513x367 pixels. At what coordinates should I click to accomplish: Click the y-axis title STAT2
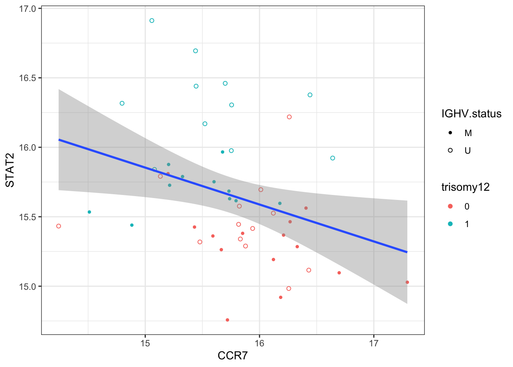[x=10, y=175]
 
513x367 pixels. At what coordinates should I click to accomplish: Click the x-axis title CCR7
[x=232, y=356]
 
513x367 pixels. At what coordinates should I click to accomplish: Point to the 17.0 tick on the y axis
[x=27, y=8]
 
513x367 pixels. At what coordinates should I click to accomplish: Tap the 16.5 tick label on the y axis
[x=27, y=78]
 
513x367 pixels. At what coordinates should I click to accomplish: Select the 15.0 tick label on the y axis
[x=27, y=286]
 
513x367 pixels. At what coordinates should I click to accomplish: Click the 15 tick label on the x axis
[x=145, y=343]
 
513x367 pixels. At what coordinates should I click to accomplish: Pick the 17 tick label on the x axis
[x=373, y=343]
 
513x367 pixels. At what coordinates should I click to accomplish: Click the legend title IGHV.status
[x=471, y=114]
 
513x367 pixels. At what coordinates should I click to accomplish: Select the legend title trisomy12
[x=465, y=187]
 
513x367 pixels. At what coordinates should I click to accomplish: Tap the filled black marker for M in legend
[x=450, y=133]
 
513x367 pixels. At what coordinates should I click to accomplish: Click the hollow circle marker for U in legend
[x=450, y=151]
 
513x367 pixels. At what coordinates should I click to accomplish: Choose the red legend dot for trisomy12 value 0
[x=450, y=206]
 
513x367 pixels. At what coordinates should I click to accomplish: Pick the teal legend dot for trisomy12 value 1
[x=450, y=224]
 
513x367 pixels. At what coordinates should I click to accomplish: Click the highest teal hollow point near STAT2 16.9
[x=152, y=21]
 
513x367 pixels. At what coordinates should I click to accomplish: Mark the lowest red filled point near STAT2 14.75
[x=227, y=320]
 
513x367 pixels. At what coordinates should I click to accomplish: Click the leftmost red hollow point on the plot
[x=58, y=226]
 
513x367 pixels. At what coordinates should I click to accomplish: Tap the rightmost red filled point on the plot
[x=407, y=282]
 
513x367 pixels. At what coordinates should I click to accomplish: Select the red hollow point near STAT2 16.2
[x=289, y=117]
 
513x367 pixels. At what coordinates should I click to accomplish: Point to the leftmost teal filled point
[x=89, y=212]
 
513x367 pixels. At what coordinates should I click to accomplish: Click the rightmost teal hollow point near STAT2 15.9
[x=332, y=158]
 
